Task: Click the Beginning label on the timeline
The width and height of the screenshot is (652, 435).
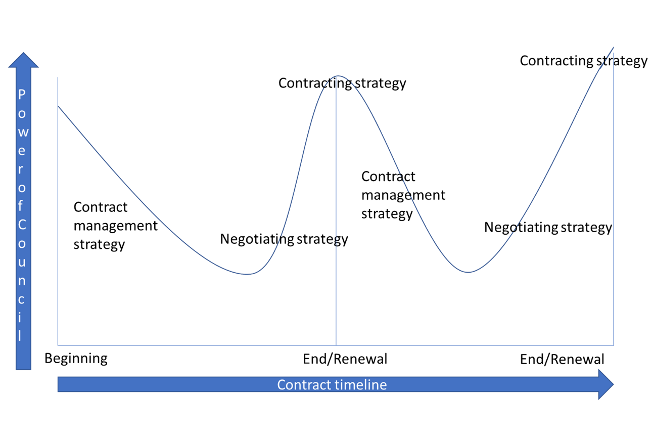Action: click(x=76, y=359)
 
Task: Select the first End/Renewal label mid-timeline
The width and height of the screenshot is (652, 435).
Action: click(x=345, y=359)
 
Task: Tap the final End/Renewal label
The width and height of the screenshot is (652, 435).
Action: click(x=562, y=359)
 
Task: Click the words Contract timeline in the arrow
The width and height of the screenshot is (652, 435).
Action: click(x=332, y=385)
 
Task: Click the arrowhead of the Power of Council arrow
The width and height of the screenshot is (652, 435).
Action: click(x=23, y=60)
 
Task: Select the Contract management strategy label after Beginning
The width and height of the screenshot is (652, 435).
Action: click(x=115, y=226)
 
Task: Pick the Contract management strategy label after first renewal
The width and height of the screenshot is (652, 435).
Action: click(x=403, y=195)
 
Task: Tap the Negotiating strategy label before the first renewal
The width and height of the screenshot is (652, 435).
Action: click(x=284, y=239)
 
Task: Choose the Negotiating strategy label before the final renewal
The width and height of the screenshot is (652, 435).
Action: click(x=548, y=228)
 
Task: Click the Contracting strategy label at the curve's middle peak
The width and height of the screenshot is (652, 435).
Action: click(x=342, y=83)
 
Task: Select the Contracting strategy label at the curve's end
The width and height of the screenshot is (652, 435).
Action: click(x=583, y=61)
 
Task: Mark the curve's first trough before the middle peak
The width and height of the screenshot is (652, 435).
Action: click(x=247, y=274)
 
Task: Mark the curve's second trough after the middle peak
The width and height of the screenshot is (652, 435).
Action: click(x=469, y=272)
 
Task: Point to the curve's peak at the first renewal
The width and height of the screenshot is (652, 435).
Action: click(x=338, y=76)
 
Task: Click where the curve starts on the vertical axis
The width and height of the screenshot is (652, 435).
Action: click(x=58, y=106)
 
